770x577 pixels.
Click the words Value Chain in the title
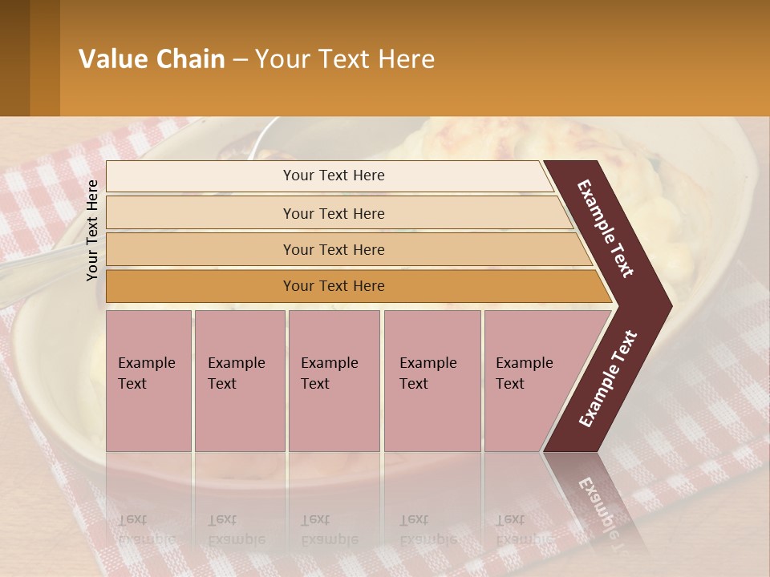pos(152,59)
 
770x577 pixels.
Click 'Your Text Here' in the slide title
pos(345,59)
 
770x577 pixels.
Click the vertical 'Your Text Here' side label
pos(92,230)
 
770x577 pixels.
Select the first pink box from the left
pos(148,381)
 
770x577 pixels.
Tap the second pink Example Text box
pos(239,381)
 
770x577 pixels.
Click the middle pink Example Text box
pos(334,381)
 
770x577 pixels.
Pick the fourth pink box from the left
pos(432,381)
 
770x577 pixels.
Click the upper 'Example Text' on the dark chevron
pos(605,229)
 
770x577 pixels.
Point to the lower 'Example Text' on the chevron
pos(607,379)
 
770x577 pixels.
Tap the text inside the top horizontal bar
pos(334,176)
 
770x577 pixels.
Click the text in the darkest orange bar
pos(334,286)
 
